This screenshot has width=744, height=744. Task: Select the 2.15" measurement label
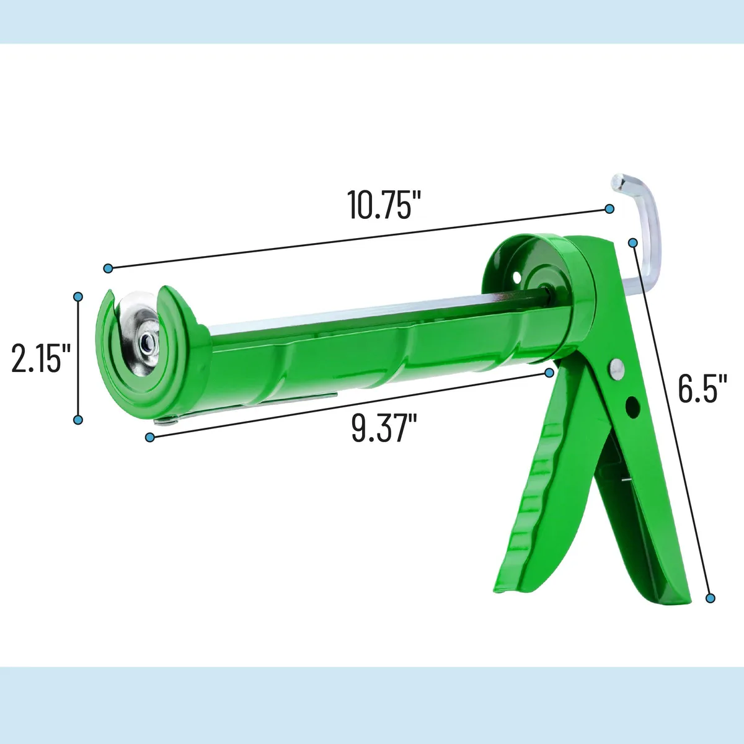[41, 359]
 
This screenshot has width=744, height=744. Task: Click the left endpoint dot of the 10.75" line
[108, 268]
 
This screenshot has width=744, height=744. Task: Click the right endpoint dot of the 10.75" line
[609, 209]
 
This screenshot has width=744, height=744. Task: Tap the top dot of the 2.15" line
[78, 297]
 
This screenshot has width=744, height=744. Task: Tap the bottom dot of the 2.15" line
[78, 420]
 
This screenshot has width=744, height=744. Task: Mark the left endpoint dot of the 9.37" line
[150, 438]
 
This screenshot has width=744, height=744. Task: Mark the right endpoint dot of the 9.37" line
[549, 373]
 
